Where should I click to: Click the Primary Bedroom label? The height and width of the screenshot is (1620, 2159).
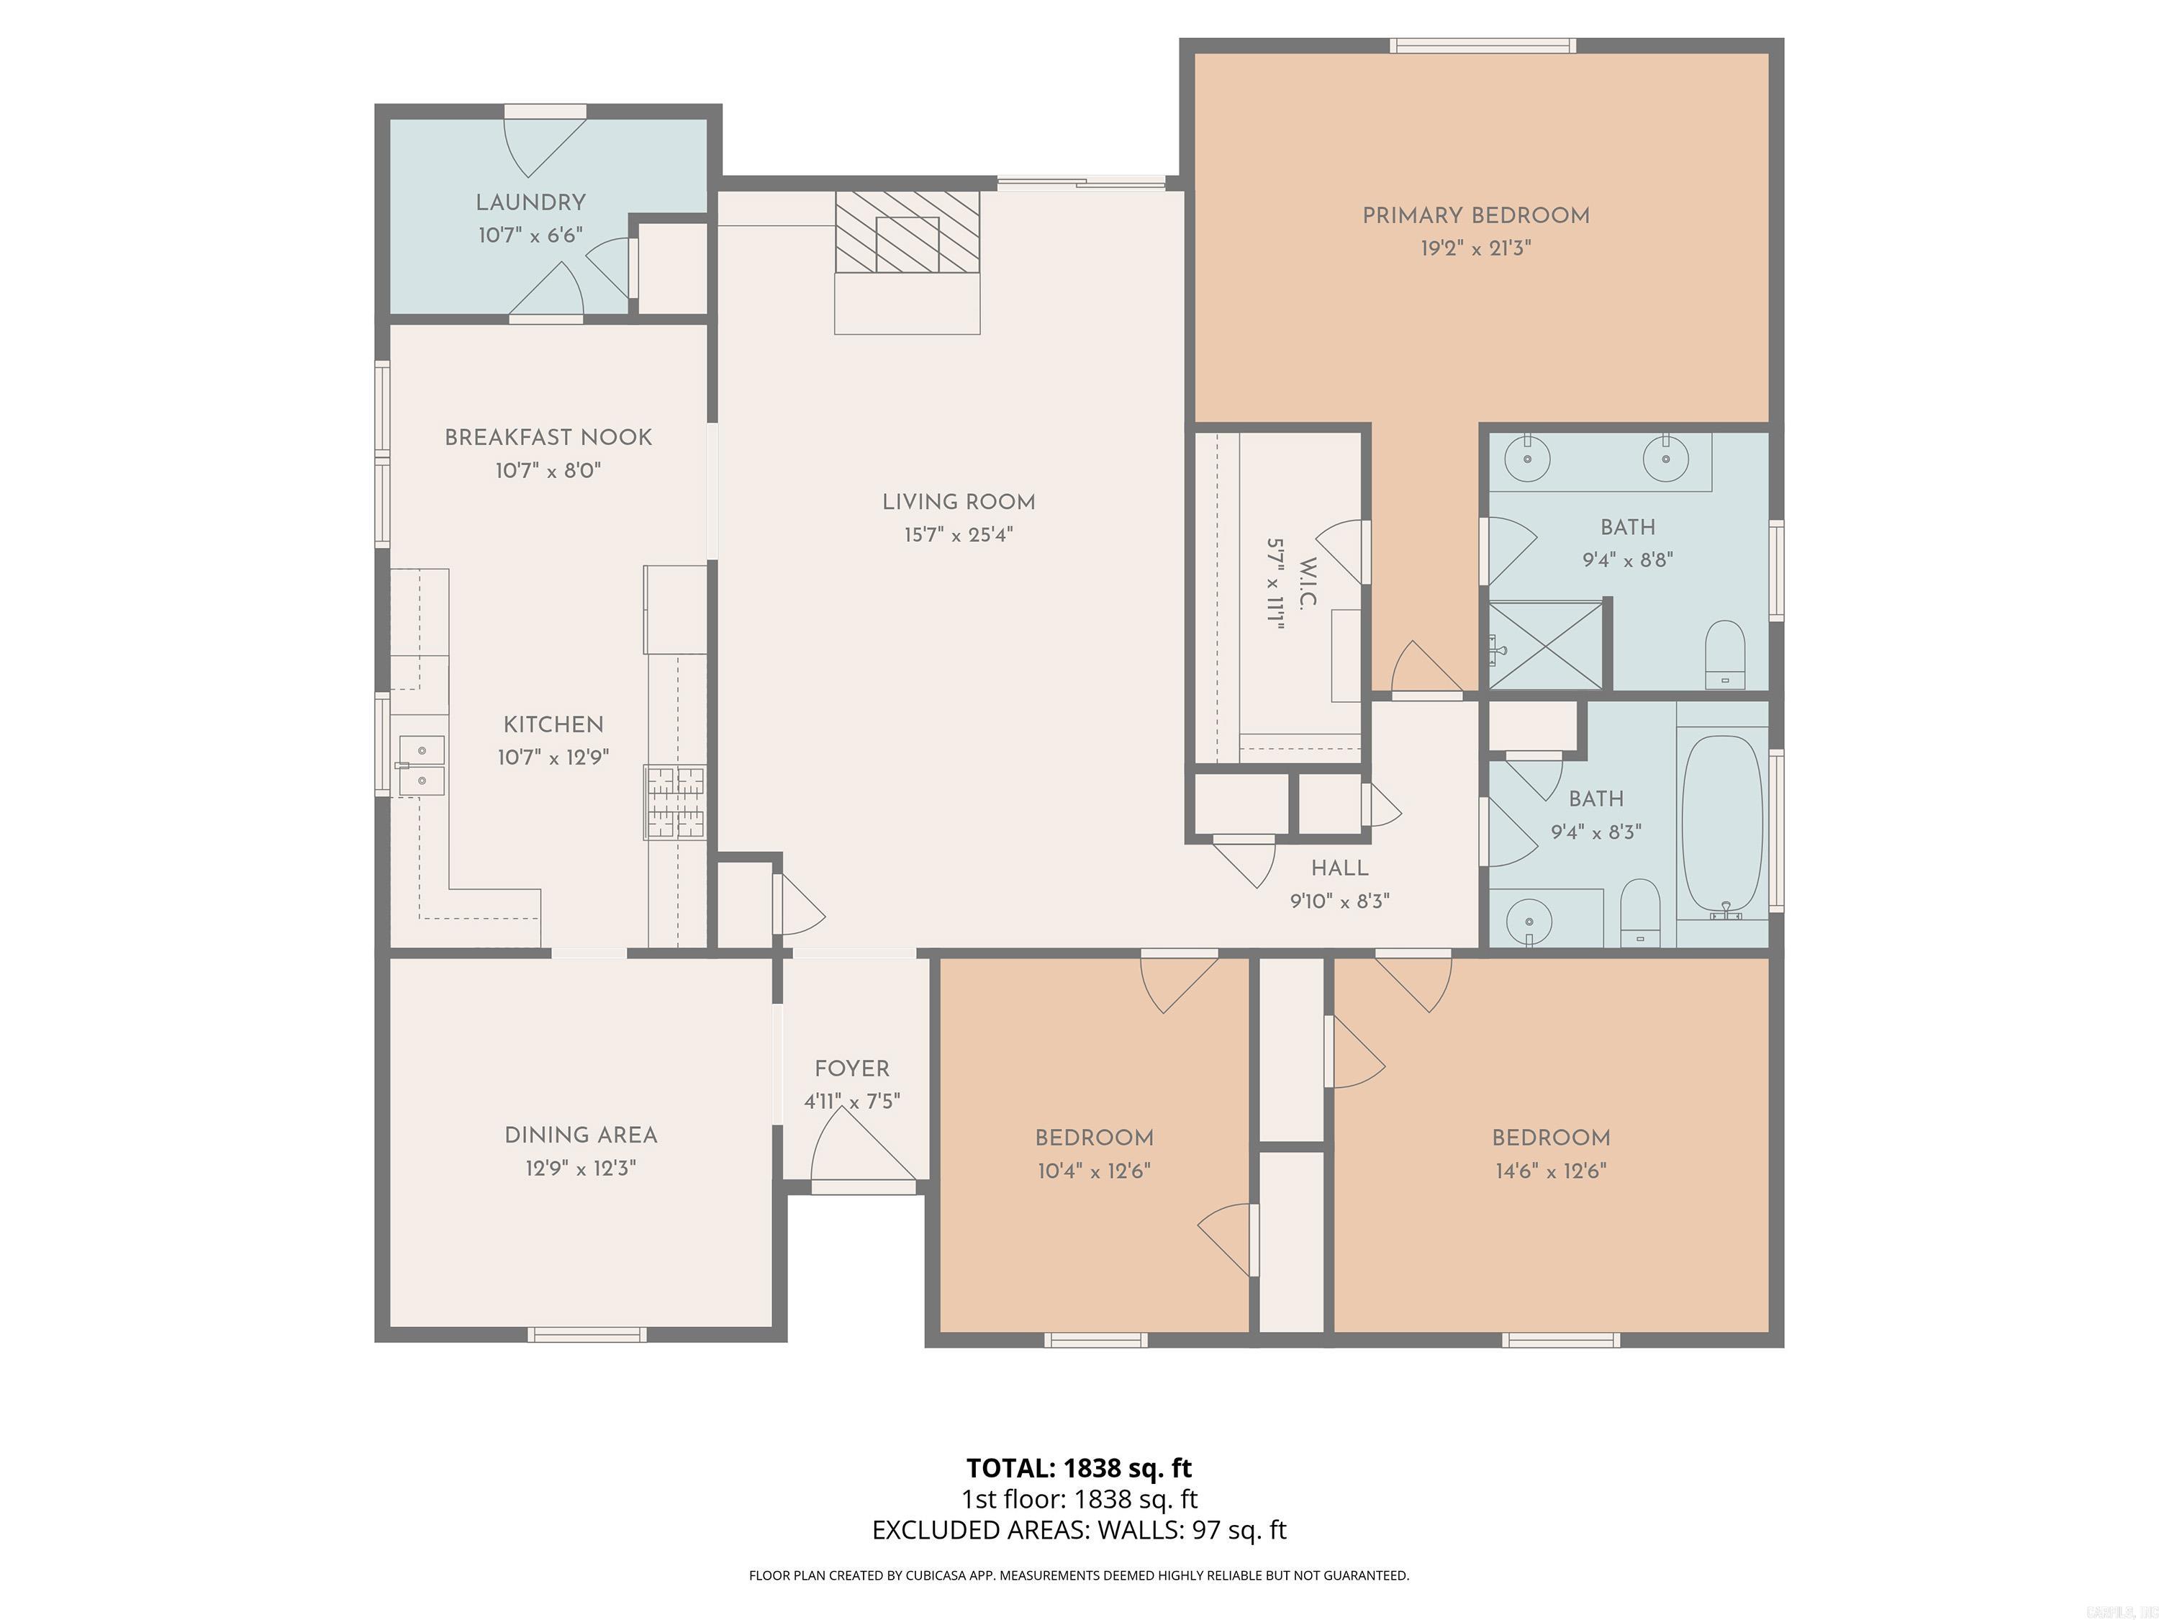[1476, 216]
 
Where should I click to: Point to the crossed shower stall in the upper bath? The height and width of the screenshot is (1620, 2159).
[1545, 645]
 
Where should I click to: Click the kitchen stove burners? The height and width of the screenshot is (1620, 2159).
[674, 803]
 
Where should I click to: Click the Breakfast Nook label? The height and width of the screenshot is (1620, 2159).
[548, 438]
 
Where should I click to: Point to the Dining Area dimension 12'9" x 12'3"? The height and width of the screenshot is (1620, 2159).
[581, 1168]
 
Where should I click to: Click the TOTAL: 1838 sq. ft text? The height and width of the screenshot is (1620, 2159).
[1079, 1467]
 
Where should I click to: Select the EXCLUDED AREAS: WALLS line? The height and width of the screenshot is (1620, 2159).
[1079, 1530]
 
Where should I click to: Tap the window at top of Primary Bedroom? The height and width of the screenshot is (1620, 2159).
[1483, 45]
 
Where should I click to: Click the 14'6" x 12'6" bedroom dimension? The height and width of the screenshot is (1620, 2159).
[1550, 1171]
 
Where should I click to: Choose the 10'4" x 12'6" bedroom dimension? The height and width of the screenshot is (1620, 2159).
[1094, 1171]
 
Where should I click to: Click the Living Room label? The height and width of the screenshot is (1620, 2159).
[959, 502]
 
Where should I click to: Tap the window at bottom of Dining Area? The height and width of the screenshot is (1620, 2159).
[587, 1335]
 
